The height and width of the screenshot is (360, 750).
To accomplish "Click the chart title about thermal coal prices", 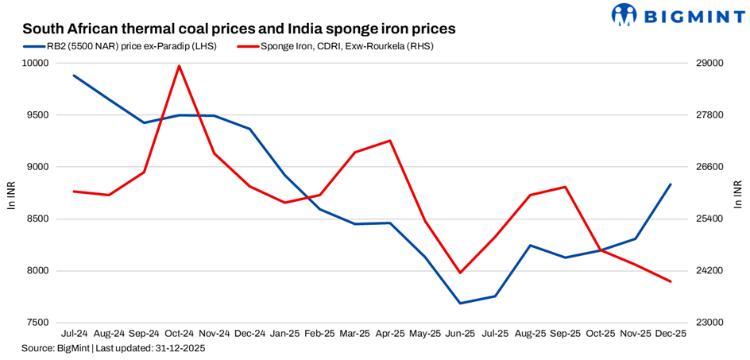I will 238,29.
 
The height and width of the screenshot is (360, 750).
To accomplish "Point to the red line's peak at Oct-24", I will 180,66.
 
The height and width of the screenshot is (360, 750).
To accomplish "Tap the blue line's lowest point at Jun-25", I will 460,303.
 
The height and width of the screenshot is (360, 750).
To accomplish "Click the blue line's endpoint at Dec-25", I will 671,184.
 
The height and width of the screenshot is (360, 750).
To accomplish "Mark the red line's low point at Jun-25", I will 460,273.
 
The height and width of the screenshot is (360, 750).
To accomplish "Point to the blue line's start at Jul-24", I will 74,75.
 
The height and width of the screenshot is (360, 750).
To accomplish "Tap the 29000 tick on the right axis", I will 709,63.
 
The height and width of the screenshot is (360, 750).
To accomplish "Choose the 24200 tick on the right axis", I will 709,271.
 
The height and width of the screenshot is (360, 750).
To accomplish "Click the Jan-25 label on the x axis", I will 284,335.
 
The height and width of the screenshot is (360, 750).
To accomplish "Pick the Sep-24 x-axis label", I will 144,335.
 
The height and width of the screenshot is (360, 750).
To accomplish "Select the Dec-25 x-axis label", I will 671,335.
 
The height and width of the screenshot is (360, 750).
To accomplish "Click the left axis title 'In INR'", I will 11,194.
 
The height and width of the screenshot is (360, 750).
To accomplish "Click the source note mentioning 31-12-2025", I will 114,348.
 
